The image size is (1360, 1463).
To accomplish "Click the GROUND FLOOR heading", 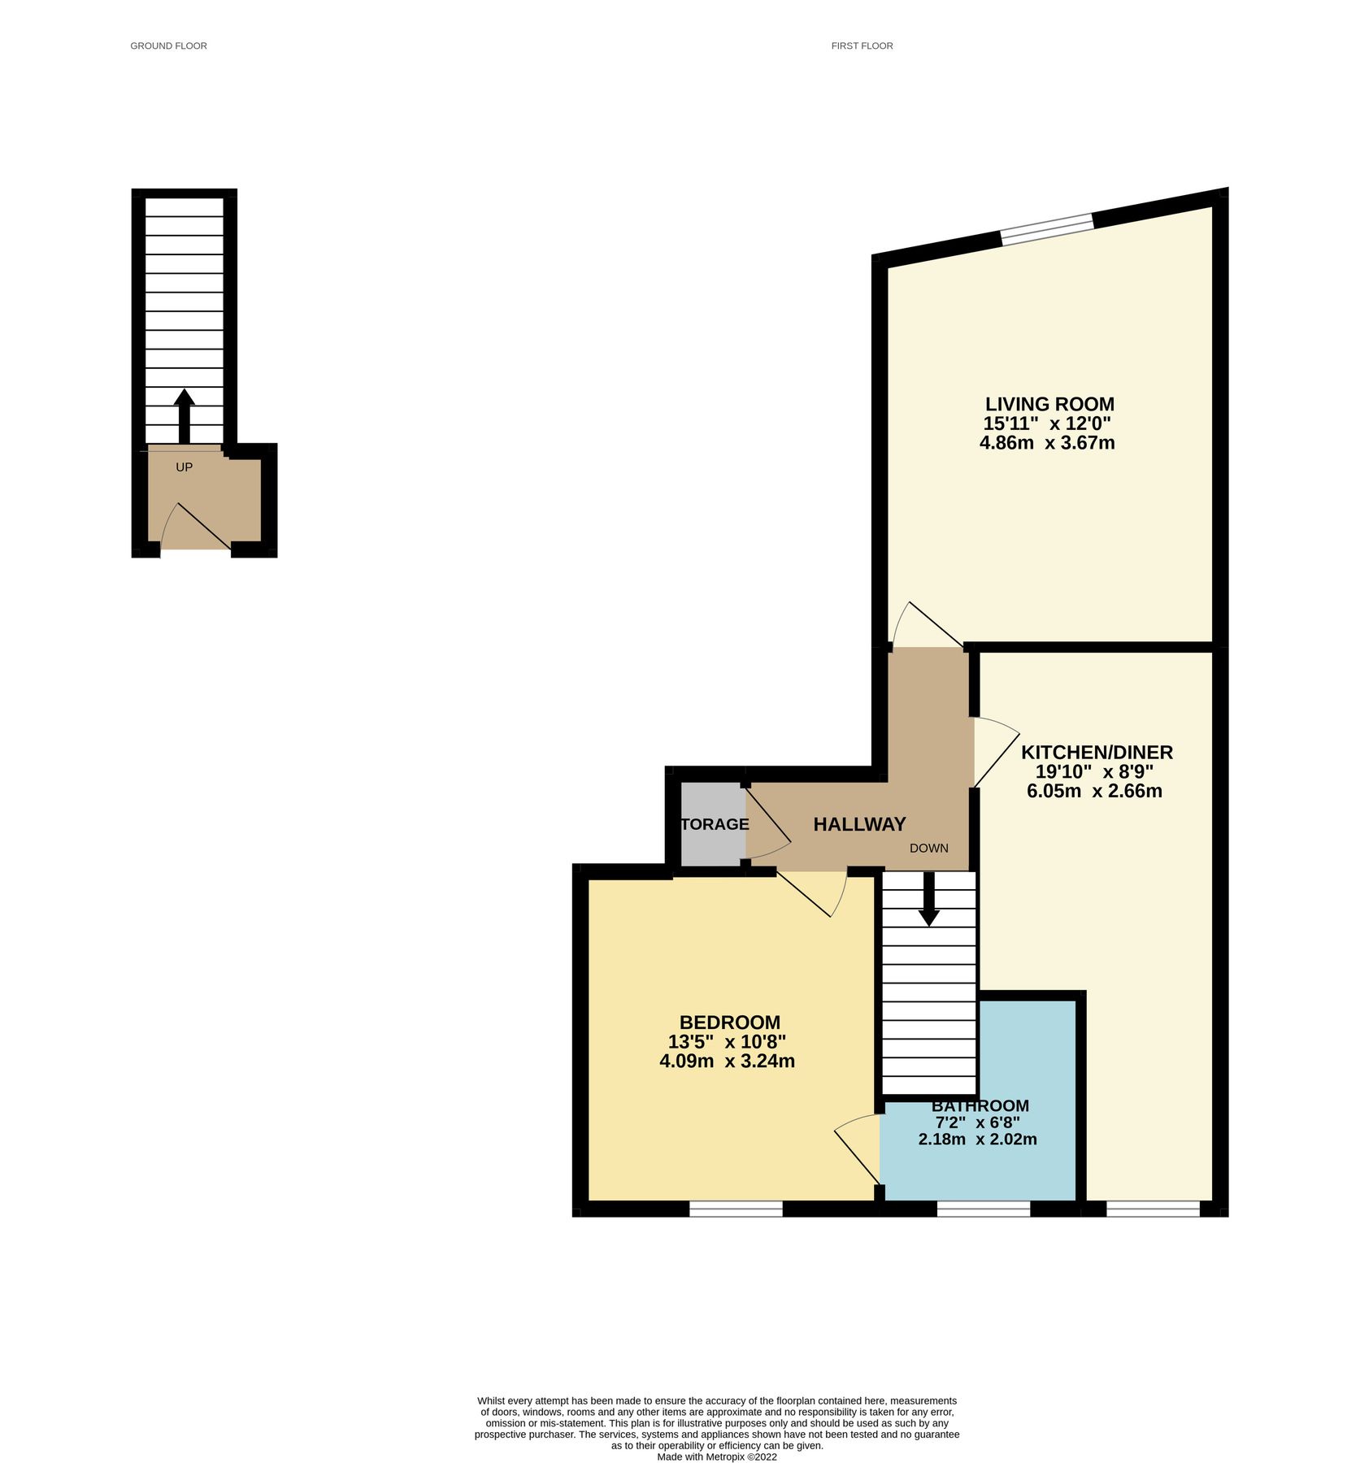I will point(168,46).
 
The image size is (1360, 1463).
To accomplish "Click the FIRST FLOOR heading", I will point(862,46).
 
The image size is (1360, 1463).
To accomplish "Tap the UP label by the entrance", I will point(185,467).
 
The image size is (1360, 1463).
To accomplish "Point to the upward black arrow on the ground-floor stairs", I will point(185,415).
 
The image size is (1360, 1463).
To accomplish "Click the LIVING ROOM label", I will point(1049,404).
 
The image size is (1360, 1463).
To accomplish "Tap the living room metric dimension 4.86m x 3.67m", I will point(1047,443).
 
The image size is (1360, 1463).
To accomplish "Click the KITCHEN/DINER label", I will point(1097,752).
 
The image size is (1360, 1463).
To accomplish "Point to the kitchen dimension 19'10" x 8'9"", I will point(1094,771).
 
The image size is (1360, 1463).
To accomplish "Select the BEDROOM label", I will point(729,1022).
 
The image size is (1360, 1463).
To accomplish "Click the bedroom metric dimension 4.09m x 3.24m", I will point(727,1061).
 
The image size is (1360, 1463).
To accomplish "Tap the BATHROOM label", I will point(980,1106).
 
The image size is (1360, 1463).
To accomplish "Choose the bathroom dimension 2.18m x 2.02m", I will point(977,1139).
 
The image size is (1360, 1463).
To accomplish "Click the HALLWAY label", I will point(859,824).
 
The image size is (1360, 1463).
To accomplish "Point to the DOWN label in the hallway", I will point(928,848).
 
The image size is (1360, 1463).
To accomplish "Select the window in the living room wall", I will point(1046,228).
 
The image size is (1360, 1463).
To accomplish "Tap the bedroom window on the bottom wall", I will point(736,1209).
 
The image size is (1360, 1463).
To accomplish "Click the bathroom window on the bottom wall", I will point(984,1209).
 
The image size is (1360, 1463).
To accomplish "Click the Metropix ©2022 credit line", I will point(716,1457).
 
